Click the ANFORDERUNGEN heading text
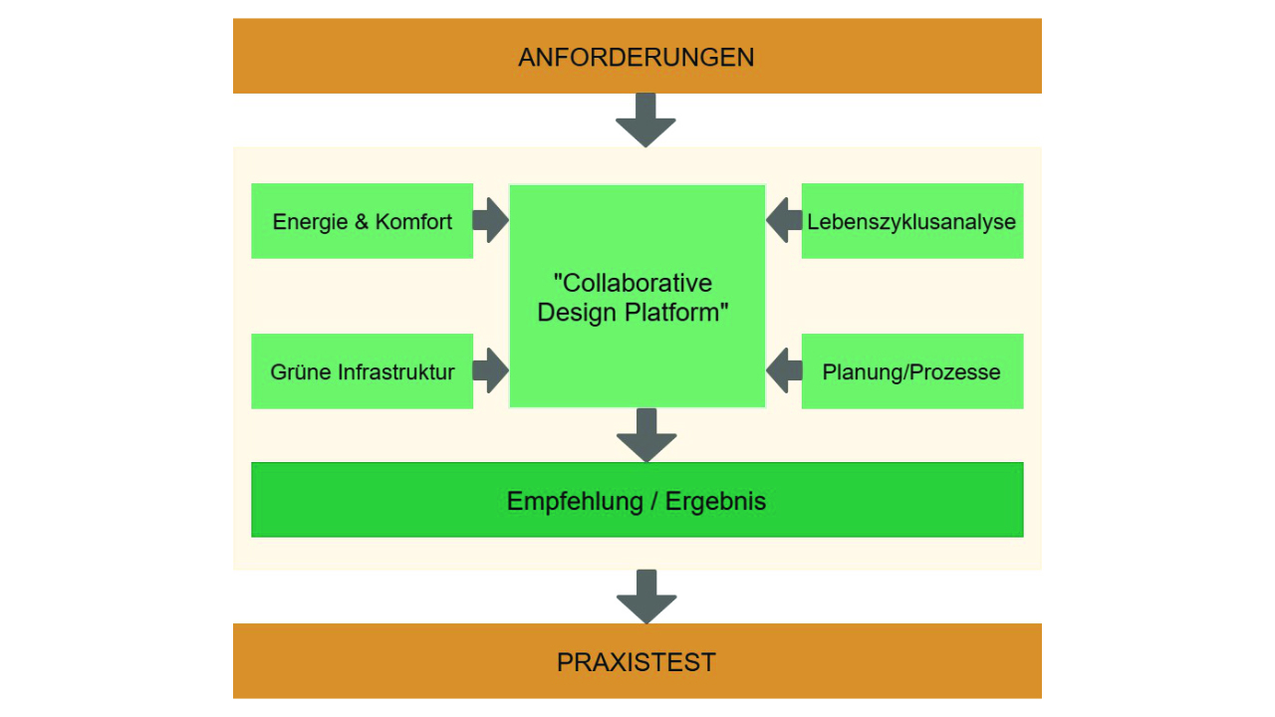point(637,57)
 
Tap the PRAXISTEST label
point(637,662)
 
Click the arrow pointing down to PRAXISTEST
point(646,597)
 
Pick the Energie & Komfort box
point(362,221)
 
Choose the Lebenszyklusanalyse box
point(911,221)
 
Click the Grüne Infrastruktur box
point(362,371)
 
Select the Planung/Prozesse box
point(911,371)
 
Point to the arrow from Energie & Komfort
point(490,220)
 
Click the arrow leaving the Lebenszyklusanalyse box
point(784,220)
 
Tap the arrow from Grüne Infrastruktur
point(490,370)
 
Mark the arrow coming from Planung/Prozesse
point(784,370)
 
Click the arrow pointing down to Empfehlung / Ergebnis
point(646,435)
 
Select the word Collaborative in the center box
point(634,283)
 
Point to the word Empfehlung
point(575,501)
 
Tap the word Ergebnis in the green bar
point(716,501)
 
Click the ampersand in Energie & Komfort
point(362,222)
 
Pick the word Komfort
point(413,221)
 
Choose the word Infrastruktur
point(396,372)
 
